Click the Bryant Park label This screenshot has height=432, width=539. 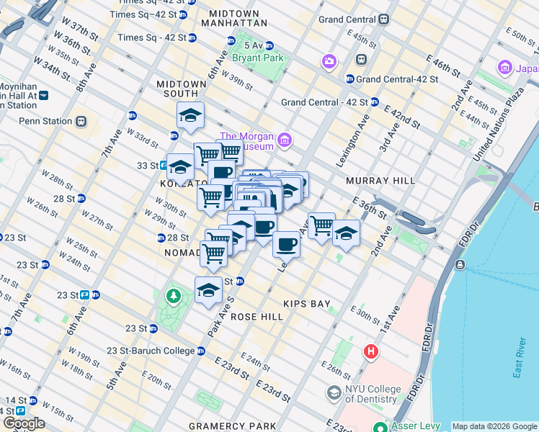pyautogui.click(x=252, y=58)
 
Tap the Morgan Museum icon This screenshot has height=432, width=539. pyautogui.click(x=285, y=139)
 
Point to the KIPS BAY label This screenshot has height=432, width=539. pyautogui.click(x=306, y=304)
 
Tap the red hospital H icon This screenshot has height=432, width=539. pyautogui.click(x=370, y=351)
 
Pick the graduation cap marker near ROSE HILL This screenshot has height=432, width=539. pyautogui.click(x=208, y=290)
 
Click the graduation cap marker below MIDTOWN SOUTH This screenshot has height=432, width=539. pyautogui.click(x=190, y=115)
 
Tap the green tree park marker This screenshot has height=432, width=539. pyautogui.click(x=173, y=295)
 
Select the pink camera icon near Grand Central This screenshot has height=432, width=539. pyautogui.click(x=330, y=60)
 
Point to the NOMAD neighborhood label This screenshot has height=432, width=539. pyautogui.click(x=182, y=253)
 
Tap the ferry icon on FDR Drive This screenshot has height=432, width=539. pyautogui.click(x=460, y=265)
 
